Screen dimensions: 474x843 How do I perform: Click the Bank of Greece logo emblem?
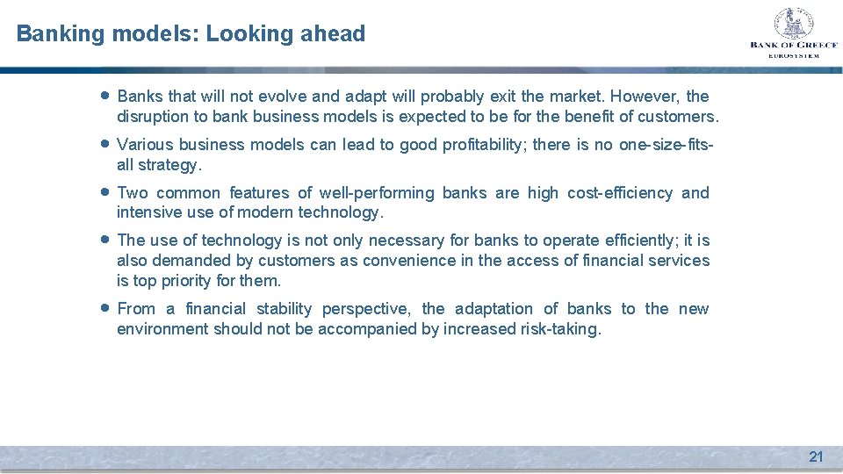(x=793, y=24)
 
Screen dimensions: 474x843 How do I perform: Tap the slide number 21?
(x=816, y=456)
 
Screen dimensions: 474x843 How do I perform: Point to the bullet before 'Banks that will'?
(x=105, y=96)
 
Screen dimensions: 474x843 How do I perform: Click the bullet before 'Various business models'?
(x=105, y=144)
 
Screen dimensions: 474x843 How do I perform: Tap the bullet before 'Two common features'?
(x=105, y=192)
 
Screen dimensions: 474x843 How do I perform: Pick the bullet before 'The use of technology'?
(x=105, y=240)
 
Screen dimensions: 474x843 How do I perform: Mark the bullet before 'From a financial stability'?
(x=105, y=308)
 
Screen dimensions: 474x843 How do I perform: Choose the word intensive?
(x=148, y=212)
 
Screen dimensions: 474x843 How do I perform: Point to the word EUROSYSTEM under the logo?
(x=793, y=55)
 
